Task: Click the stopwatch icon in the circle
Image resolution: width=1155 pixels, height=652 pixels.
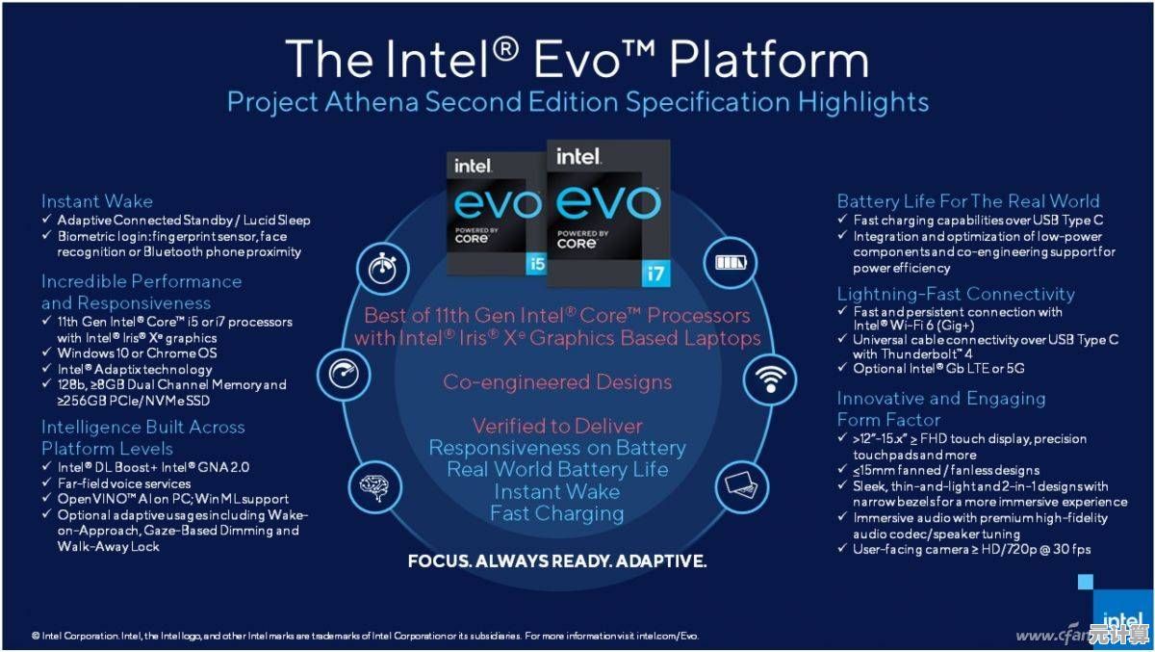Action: coord(382,269)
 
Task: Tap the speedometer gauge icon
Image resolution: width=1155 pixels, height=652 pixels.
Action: coord(344,374)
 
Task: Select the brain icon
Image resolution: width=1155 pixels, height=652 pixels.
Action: coord(374,487)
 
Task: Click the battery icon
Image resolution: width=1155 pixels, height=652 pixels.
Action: coord(731,263)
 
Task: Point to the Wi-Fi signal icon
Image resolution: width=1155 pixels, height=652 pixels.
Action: coord(770,379)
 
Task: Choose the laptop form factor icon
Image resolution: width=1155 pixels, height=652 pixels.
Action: coord(741,484)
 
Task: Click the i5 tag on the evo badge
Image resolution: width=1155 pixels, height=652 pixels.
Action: coord(537,264)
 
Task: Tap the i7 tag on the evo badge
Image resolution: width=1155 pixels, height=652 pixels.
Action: coord(655,273)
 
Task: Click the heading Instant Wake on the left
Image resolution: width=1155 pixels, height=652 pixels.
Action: coord(97,201)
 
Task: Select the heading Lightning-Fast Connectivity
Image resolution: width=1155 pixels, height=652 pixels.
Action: coord(956,294)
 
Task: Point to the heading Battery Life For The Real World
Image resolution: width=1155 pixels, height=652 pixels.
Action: coord(968,201)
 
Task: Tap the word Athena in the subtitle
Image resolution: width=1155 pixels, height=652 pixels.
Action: coord(372,102)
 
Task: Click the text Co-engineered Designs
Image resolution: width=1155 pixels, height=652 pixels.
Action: coord(557,382)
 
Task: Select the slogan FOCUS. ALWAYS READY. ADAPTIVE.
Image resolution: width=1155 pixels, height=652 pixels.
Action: coord(557,561)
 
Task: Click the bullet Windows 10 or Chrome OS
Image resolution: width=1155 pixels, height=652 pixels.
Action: coord(137,353)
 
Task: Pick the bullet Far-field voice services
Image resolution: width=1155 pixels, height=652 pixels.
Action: coord(124,483)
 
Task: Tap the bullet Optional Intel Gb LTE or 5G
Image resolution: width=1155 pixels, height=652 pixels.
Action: coord(938,369)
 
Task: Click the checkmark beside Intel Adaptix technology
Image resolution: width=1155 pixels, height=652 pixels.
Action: coord(46,368)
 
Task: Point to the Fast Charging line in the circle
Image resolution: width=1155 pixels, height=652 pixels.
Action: coord(557,513)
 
